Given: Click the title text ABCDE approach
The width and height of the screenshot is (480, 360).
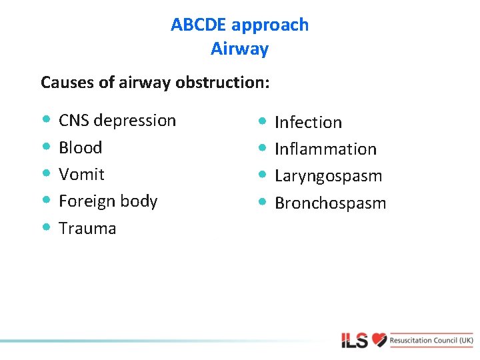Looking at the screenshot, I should pyautogui.click(x=239, y=25).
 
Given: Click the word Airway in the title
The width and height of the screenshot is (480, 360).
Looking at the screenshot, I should pyautogui.click(x=239, y=49).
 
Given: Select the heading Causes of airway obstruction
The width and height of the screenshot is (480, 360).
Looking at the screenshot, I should pyautogui.click(x=155, y=82).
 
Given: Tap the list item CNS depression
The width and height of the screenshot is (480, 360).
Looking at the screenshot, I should pyautogui.click(x=117, y=121).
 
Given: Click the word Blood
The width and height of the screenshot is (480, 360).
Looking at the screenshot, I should pyautogui.click(x=80, y=147).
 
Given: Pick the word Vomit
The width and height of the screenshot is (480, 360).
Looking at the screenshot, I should pyautogui.click(x=81, y=174).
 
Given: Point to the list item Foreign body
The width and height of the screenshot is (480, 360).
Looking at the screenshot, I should pyautogui.click(x=108, y=201).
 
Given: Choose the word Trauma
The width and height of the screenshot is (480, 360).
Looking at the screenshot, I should pyautogui.click(x=87, y=228).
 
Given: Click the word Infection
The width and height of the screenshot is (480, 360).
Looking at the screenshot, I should pyautogui.click(x=308, y=123).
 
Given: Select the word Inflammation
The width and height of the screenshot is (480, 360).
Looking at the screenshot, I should pyautogui.click(x=325, y=149).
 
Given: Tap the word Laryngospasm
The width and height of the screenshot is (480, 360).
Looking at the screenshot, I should pyautogui.click(x=328, y=176).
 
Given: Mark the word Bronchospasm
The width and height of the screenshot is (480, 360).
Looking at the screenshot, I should pyautogui.click(x=330, y=203).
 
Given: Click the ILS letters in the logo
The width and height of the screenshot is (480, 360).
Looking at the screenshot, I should pyautogui.click(x=355, y=341).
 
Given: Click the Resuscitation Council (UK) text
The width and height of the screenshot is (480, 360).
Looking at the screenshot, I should pyautogui.click(x=431, y=340).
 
